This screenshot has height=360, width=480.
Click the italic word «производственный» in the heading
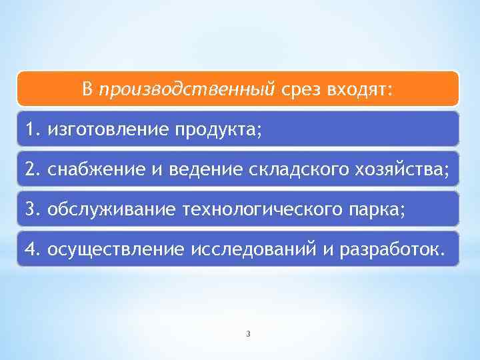pyautogui.click(x=187, y=89)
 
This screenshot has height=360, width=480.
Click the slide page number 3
pyautogui.click(x=247, y=333)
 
